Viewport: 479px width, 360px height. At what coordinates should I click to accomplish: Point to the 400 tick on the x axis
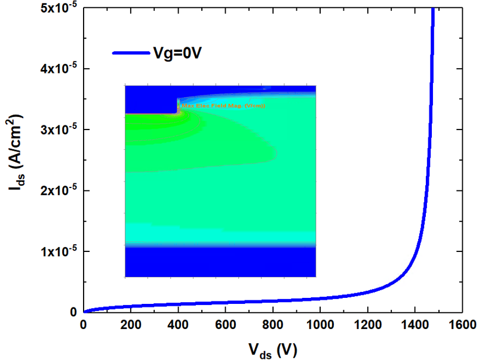coord(178,325)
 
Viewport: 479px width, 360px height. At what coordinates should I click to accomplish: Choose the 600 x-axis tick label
coord(225,325)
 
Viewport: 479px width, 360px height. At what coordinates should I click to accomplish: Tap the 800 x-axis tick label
coord(273,325)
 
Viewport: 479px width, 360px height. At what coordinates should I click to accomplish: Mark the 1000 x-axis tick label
coord(320,325)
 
